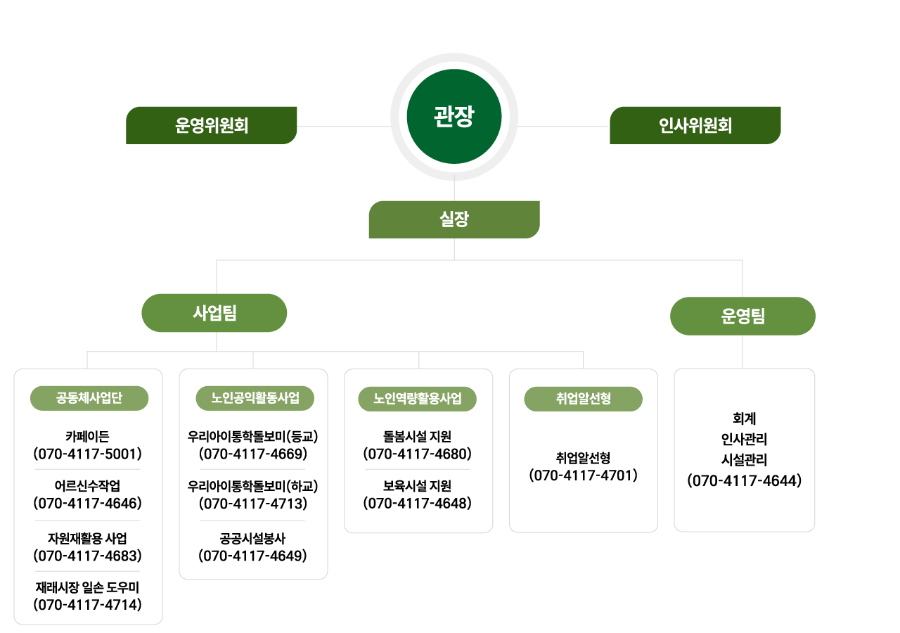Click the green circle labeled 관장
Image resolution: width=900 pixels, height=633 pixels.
454,117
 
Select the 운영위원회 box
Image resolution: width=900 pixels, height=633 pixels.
211,125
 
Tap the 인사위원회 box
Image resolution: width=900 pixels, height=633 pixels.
695,125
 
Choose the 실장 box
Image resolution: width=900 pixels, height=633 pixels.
454,219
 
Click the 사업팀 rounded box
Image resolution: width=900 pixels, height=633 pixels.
214,313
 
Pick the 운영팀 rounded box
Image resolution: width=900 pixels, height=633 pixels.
742,316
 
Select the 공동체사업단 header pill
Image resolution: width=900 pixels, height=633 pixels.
89,399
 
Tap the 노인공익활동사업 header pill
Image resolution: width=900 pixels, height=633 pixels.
255,399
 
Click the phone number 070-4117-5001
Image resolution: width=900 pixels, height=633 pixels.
88,453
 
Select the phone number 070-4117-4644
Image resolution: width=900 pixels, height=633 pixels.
744,481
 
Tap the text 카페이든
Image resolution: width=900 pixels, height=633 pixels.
87,436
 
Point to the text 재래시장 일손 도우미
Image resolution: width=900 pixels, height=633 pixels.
87,587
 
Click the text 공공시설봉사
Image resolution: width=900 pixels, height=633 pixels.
252,539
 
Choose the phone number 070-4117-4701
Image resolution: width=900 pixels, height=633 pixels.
583,475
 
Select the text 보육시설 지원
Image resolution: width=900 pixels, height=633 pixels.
417,486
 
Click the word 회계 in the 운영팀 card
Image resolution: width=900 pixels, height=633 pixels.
744,418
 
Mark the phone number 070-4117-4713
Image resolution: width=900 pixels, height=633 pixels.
253,503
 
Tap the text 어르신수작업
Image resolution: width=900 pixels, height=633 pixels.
87,486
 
